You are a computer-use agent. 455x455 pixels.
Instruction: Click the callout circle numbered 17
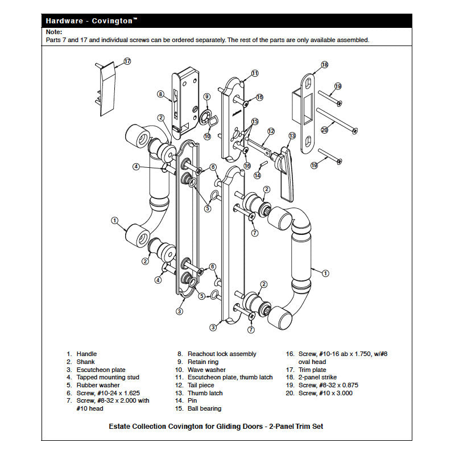pos(127,61)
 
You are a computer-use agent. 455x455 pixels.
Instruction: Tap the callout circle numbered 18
pos(325,65)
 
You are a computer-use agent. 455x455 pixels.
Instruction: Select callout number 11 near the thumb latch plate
pos(255,73)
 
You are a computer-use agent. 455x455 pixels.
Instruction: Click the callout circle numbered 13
pos(292,136)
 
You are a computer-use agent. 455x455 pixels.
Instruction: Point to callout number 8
pos(161,94)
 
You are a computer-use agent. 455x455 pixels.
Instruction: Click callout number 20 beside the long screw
pos(325,130)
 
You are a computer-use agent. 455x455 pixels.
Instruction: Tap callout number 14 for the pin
pos(257,175)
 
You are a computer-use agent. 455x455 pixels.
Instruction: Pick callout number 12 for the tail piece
pos(271,131)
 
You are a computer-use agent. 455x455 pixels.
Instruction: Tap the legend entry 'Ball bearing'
pos(204,408)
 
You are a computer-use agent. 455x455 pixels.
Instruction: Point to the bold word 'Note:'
pos(54,32)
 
